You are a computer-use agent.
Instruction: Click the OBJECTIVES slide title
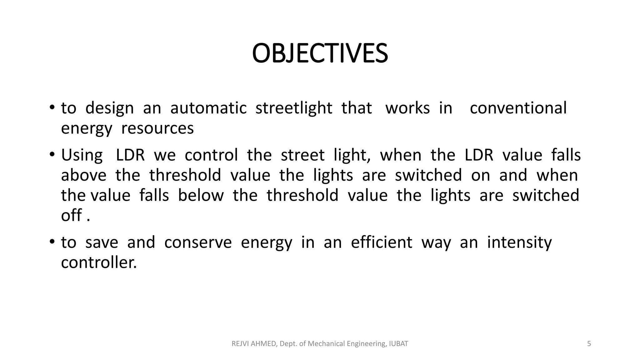[320, 53]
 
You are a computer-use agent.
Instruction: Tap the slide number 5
[589, 344]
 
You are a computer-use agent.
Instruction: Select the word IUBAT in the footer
[398, 344]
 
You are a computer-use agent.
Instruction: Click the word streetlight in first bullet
[294, 108]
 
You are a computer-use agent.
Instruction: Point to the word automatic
[208, 108]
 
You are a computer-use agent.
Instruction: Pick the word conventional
[518, 108]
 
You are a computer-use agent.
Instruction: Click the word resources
[157, 128]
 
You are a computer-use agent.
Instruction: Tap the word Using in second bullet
[82, 155]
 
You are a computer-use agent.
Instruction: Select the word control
[211, 155]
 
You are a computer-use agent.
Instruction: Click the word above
[84, 175]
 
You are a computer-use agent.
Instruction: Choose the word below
[201, 195]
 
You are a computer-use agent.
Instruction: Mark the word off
[71, 215]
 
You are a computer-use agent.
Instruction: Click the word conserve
[198, 242]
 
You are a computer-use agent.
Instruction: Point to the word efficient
[382, 242]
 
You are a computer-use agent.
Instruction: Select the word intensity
[519, 242]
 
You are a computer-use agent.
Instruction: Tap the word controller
[99, 262]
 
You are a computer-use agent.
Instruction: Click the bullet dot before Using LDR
[52, 154]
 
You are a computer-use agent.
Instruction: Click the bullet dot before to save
[52, 242]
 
